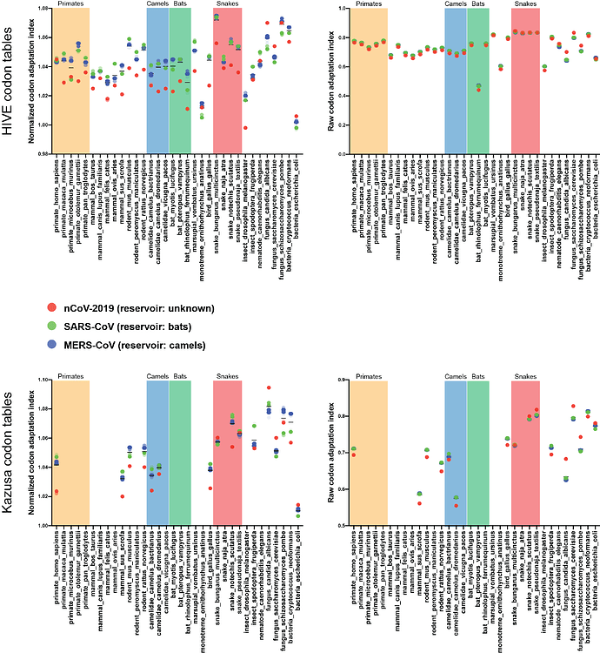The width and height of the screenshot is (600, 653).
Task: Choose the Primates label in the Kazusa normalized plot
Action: pyautogui.click(x=70, y=377)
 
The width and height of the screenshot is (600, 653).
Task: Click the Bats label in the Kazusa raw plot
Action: pyautogui.click(x=478, y=377)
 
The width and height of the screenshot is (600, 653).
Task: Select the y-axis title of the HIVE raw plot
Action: pyautogui.click(x=326, y=78)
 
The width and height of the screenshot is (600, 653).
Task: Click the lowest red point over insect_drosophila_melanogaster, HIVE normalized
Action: pyautogui.click(x=245, y=128)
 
